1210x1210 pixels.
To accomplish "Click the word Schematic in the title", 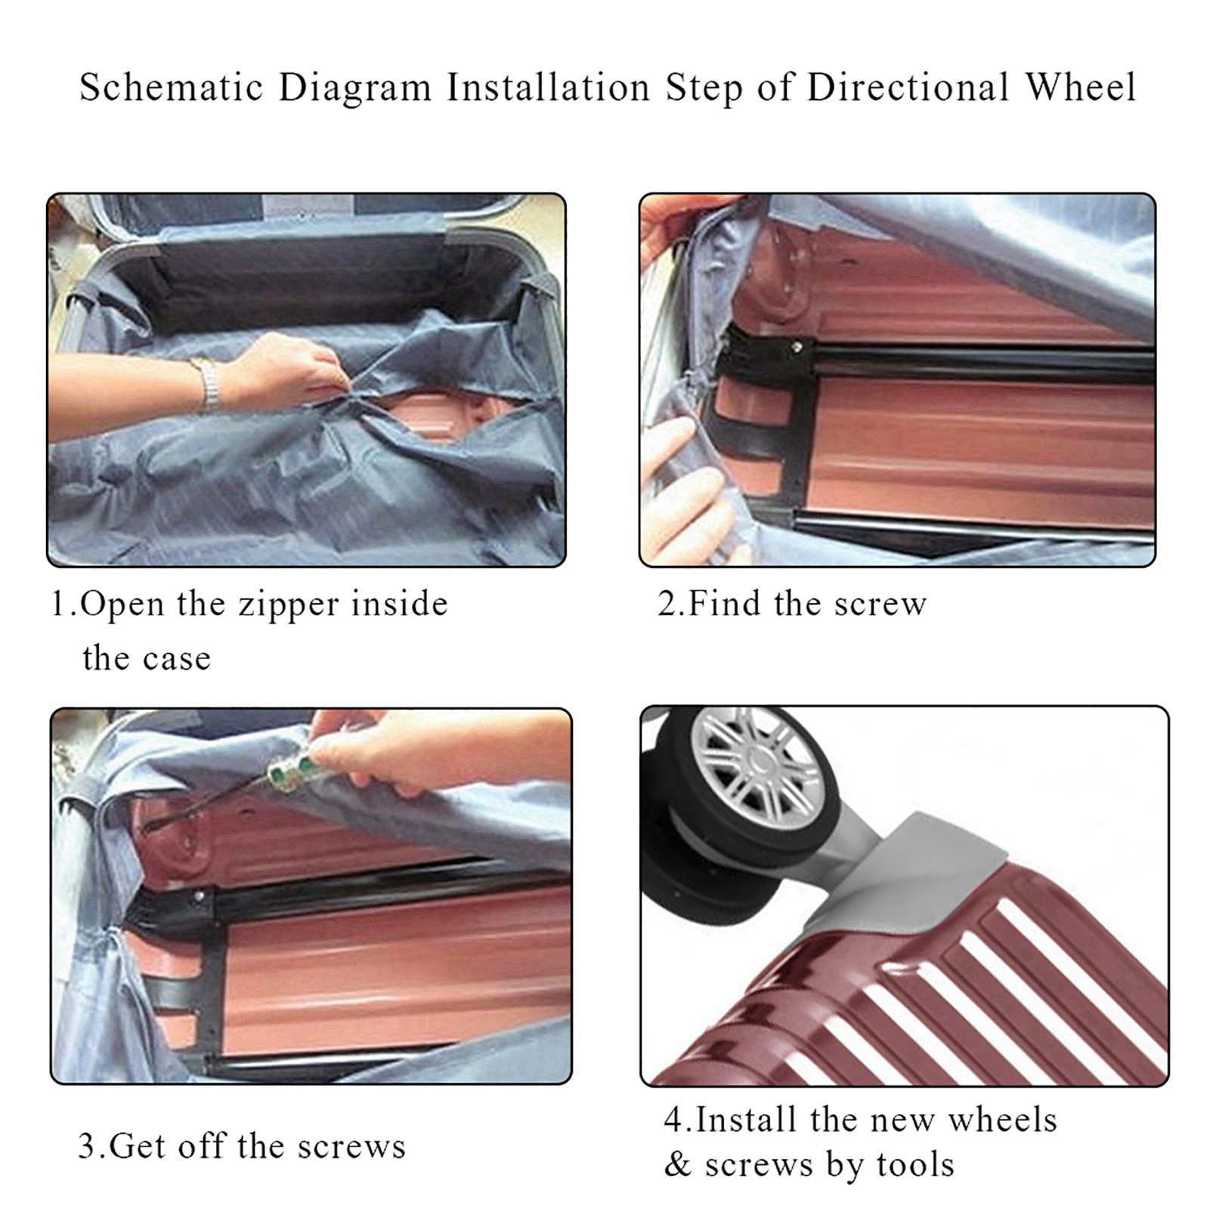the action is point(171,87).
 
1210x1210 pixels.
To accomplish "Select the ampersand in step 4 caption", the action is point(678,1165).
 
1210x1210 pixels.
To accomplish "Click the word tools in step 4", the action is point(915,1165).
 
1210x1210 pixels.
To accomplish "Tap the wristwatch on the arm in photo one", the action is point(209,385).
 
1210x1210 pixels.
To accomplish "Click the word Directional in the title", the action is point(907,87).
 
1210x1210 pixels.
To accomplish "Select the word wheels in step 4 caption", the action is point(1003,1119).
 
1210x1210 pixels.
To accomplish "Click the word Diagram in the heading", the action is point(355,88).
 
